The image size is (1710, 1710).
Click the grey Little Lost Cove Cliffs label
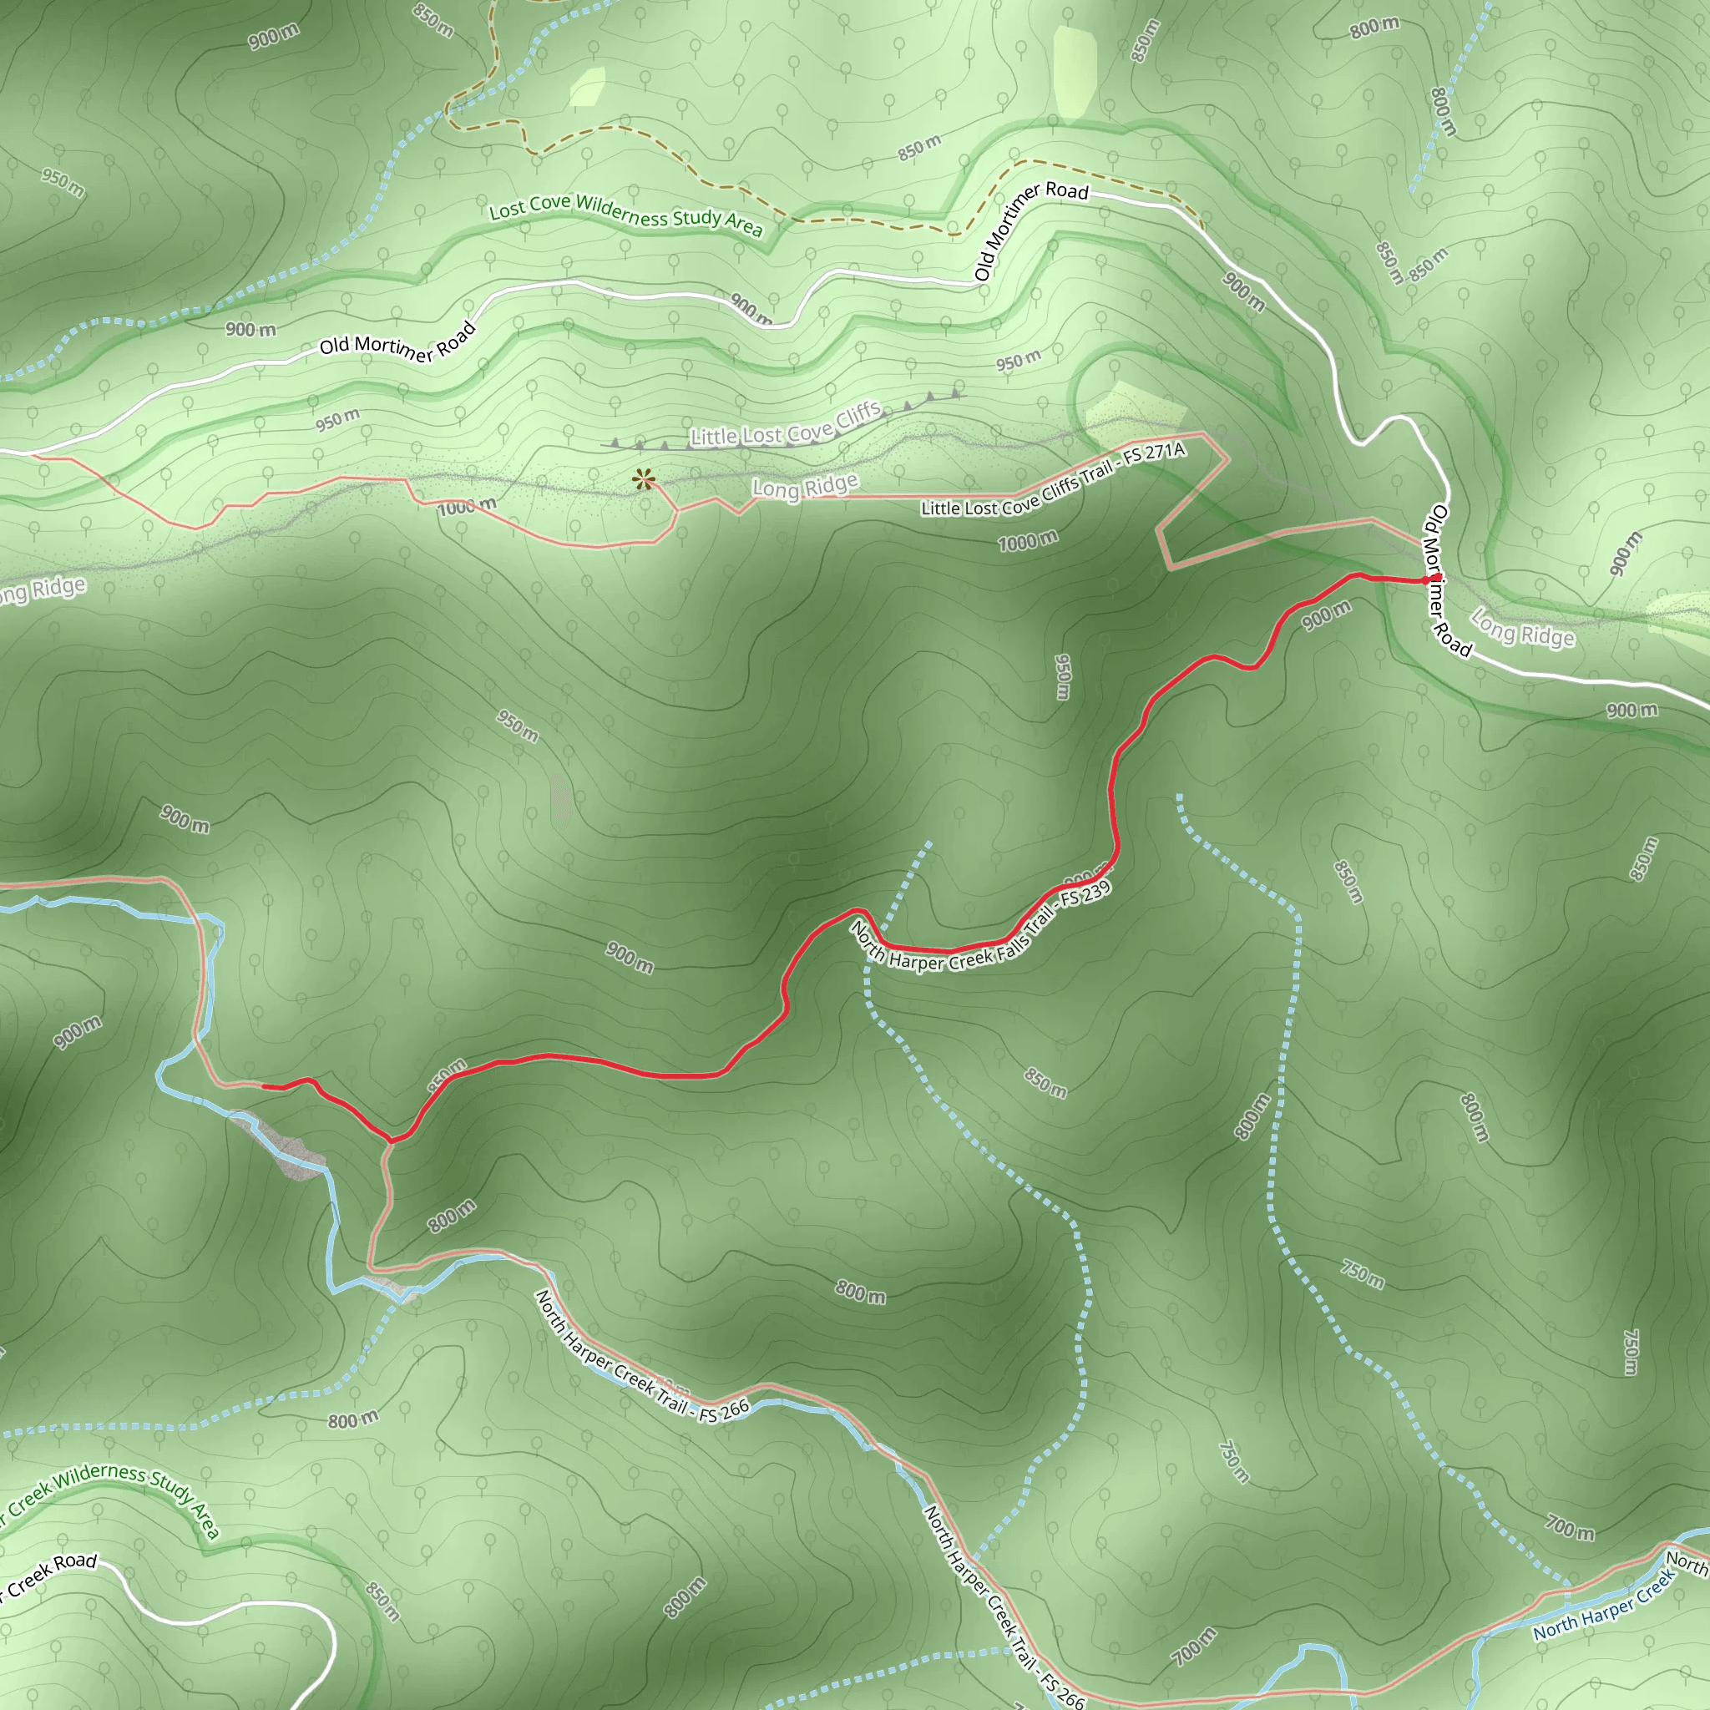pyautogui.click(x=785, y=426)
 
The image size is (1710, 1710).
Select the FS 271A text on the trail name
pyautogui.click(x=1152, y=456)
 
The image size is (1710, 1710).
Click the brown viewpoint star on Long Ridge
pyautogui.click(x=644, y=481)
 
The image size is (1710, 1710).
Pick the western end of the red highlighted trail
pyautogui.click(x=264, y=1085)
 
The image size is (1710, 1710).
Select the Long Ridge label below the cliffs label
pyautogui.click(x=805, y=487)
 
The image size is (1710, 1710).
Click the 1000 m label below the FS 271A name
pyautogui.click(x=1028, y=541)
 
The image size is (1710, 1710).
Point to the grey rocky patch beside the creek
pyautogui.click(x=283, y=1146)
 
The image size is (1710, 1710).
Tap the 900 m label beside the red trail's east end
pyautogui.click(x=1326, y=614)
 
